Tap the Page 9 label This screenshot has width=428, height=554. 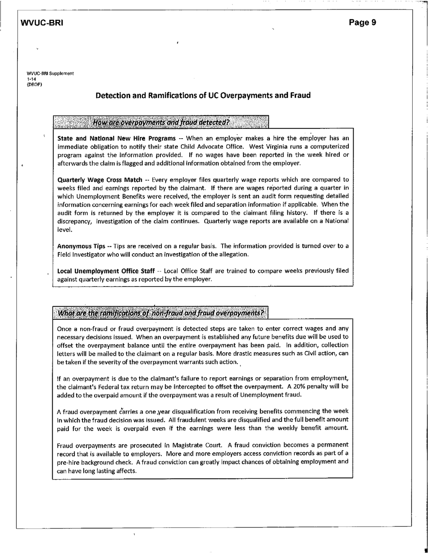(x=362, y=23)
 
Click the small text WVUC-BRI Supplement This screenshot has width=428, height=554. (x=50, y=73)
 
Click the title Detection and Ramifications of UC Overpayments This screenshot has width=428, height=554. (x=203, y=95)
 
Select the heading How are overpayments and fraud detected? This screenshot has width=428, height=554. (x=160, y=122)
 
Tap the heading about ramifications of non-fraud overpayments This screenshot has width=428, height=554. (x=160, y=313)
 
